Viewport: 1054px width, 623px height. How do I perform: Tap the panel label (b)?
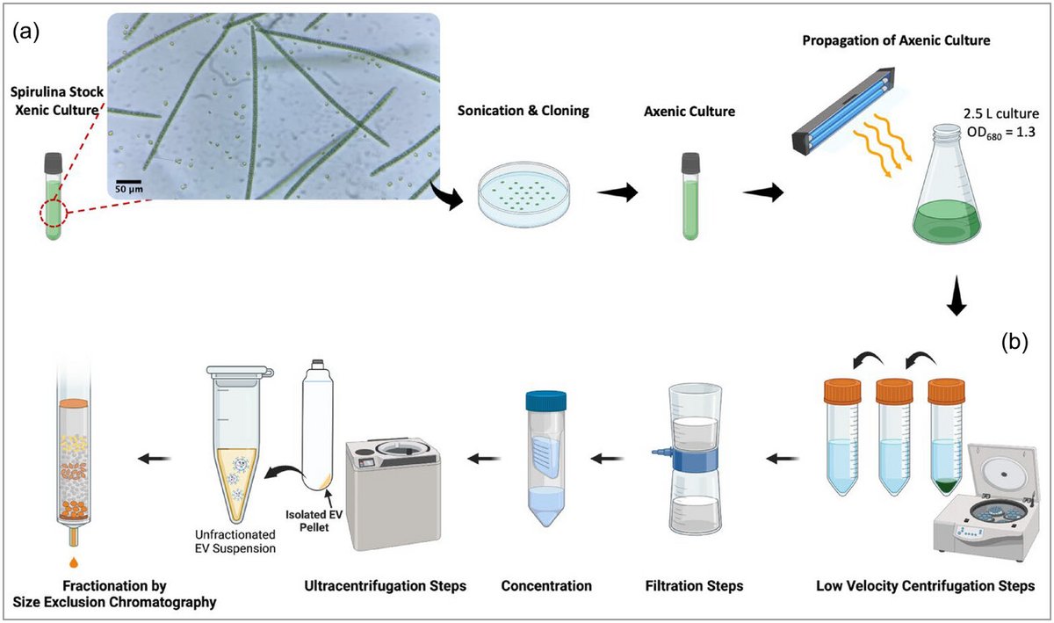(1017, 339)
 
